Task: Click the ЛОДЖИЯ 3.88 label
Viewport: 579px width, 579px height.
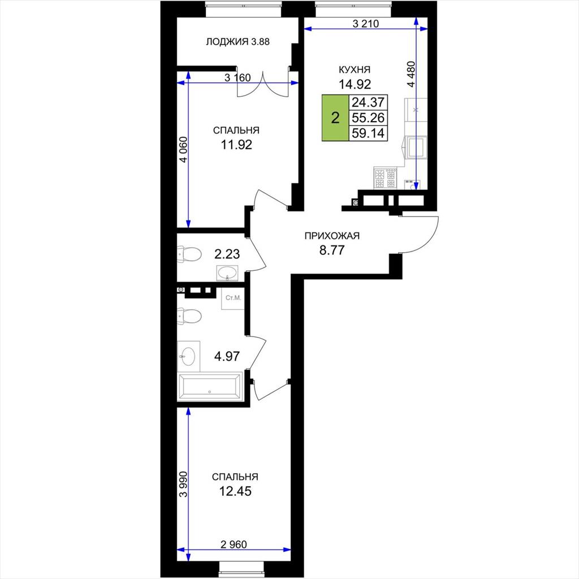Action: pos(237,42)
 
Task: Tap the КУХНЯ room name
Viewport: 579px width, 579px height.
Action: pos(355,70)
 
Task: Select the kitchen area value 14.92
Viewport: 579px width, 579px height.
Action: pos(355,84)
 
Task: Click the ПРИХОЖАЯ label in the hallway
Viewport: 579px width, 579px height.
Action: pos(331,236)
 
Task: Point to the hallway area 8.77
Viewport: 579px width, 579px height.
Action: pos(331,250)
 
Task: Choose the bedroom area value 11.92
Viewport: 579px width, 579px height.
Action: pos(236,144)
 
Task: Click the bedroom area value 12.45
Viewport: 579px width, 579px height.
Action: pos(235,491)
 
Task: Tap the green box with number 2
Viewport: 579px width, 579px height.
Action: pos(335,118)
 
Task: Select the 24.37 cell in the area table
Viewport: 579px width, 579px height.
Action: pos(368,102)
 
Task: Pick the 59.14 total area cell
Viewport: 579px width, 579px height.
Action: pos(368,133)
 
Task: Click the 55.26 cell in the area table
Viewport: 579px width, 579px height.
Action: pos(368,118)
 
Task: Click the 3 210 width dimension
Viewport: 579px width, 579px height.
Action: pos(366,24)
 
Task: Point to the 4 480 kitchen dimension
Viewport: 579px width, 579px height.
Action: pos(412,74)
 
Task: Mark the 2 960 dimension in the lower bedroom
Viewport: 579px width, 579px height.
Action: pos(234,545)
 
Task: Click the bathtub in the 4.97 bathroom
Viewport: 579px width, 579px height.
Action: pos(209,387)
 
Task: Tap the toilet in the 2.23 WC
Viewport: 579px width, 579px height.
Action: pos(189,254)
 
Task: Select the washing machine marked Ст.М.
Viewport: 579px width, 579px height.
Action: pos(232,298)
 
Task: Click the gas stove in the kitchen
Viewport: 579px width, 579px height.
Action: pos(385,178)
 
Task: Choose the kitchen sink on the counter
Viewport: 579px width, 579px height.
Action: pos(416,147)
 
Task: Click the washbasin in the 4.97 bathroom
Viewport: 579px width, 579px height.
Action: pos(188,356)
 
